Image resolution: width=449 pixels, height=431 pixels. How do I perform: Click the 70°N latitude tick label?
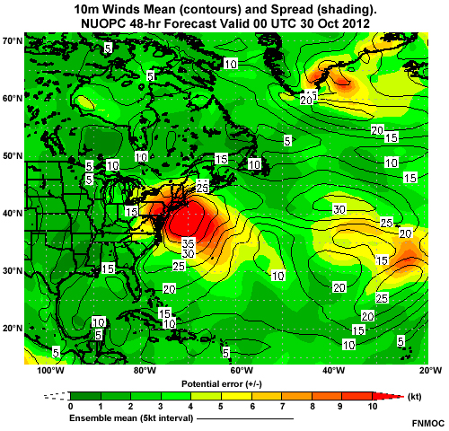pos(13,41)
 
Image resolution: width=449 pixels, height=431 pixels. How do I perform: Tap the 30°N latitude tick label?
pos(13,270)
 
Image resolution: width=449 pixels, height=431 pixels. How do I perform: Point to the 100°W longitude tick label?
pos(49,370)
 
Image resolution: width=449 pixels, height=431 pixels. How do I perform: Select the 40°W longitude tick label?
pos(333,370)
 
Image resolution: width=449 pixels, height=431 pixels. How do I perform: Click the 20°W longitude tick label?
pos(428,370)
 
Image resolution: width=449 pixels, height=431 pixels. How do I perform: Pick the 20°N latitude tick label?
pos(13,328)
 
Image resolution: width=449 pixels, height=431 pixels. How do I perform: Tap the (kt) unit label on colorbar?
pos(416,394)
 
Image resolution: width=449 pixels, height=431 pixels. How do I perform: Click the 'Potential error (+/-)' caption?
pos(222,383)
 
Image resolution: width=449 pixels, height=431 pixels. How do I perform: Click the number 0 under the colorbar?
pos(70,407)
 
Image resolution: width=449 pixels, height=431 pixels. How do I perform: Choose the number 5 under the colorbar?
pos(221,407)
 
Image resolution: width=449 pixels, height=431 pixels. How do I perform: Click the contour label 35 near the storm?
pos(188,243)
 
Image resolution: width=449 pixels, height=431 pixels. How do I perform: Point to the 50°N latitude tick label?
pos(13,155)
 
